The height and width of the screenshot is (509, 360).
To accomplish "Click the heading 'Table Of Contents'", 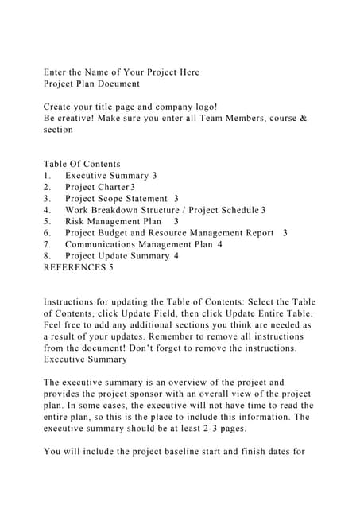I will pos(82,164).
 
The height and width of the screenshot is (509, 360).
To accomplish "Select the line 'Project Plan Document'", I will pos(91,84).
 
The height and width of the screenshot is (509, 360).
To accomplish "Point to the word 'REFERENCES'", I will pos(74,267).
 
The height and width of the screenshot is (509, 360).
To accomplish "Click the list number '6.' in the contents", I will pos(48,233).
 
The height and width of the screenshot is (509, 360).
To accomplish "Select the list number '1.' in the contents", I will pos(48,176).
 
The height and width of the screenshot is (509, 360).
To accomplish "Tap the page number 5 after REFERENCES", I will pos(110,267).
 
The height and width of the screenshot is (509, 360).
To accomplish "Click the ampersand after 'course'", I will pos(303,119).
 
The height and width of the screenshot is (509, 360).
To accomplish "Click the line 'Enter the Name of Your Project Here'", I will pos(121,72).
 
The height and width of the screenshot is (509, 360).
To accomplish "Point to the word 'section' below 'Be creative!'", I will pos(58,130).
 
